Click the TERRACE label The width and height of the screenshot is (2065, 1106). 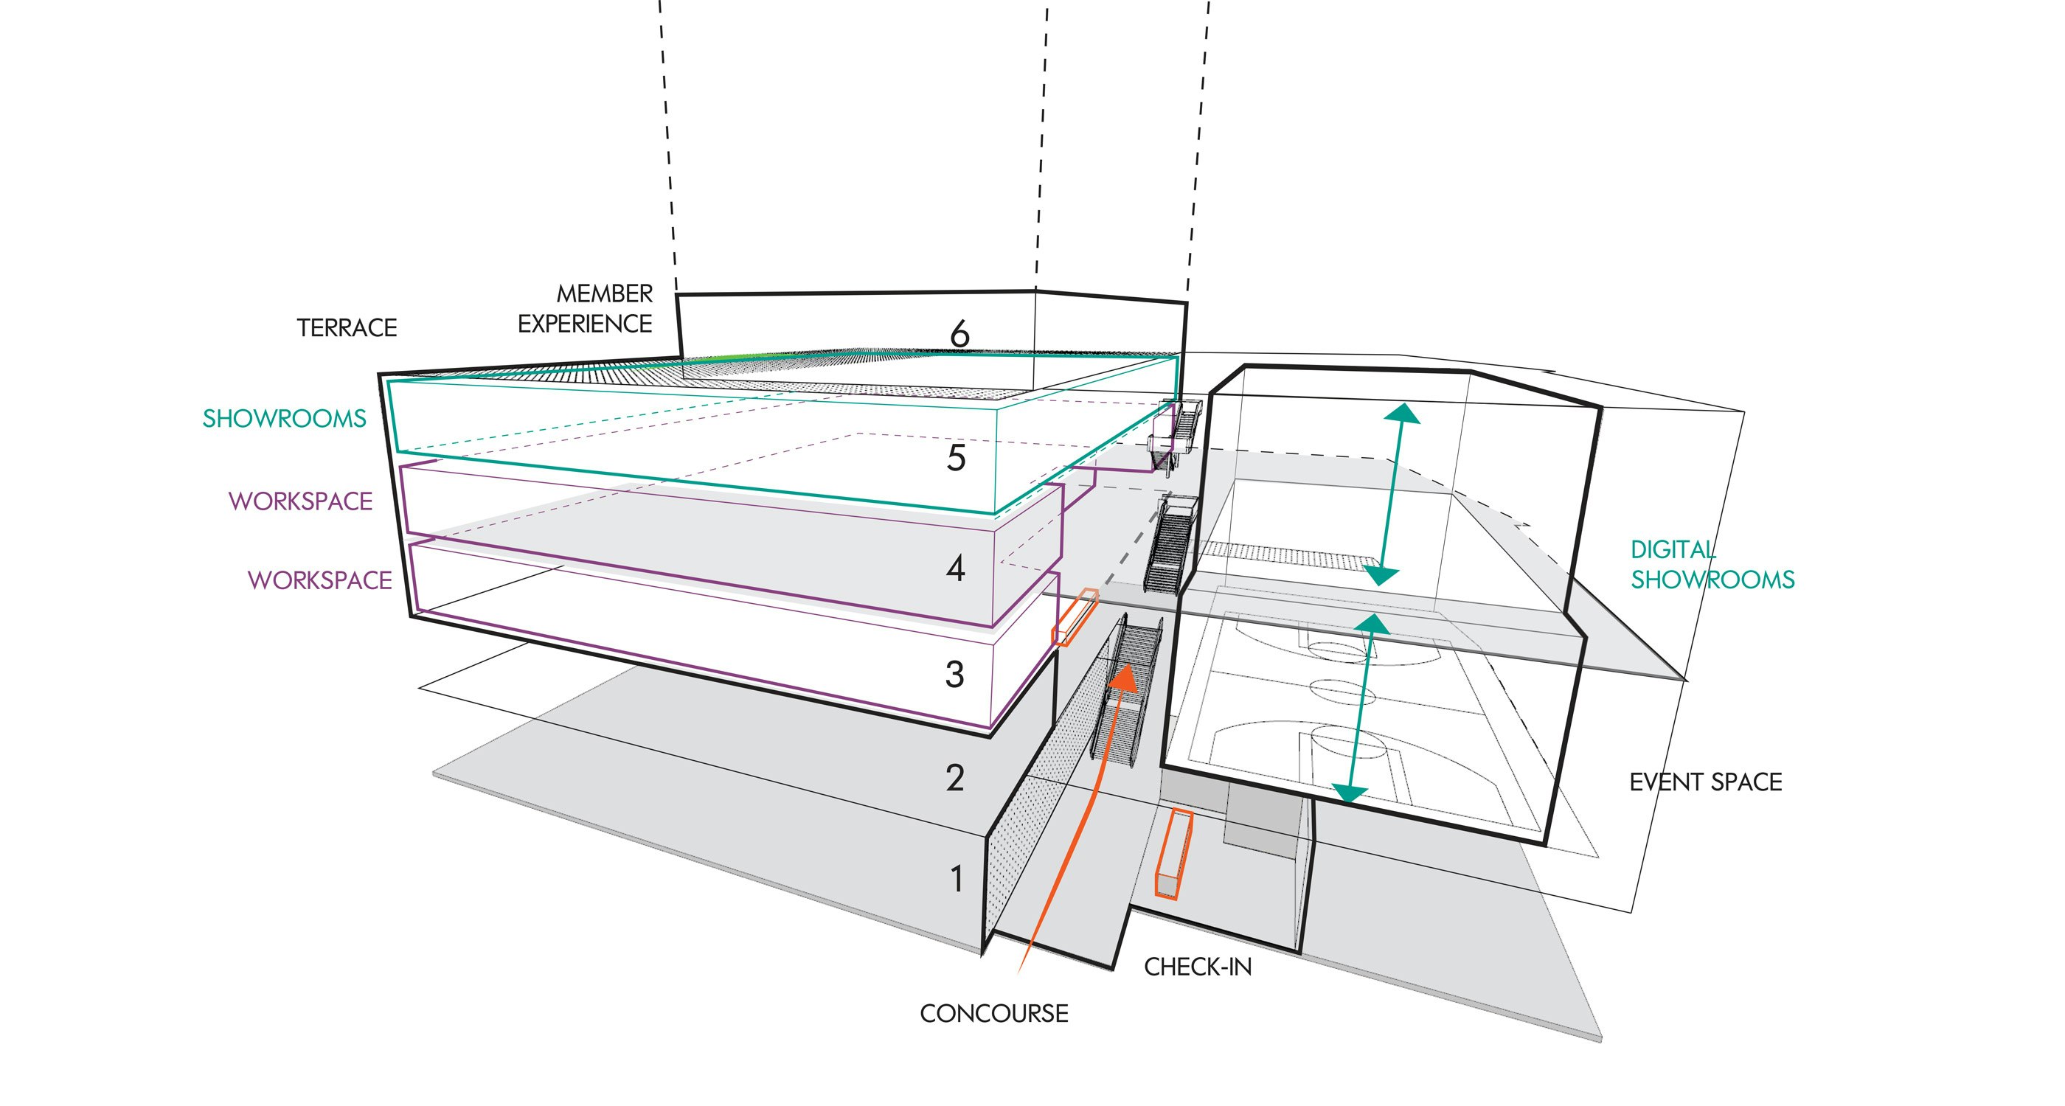[x=347, y=328]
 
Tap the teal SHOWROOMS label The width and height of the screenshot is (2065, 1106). [x=284, y=418]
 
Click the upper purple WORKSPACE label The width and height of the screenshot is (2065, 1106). [x=301, y=501]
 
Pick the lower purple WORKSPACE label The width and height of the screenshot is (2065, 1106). [x=320, y=580]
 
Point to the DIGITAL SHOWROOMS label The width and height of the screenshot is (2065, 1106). [x=1712, y=565]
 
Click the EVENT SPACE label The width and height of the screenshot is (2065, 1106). [x=1705, y=782]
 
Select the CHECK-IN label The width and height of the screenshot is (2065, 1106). [x=1198, y=967]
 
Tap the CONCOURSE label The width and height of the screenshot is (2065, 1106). [x=994, y=1014]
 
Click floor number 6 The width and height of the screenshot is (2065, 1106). [x=959, y=334]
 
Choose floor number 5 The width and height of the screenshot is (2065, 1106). [x=956, y=459]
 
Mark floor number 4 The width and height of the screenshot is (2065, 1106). [x=955, y=569]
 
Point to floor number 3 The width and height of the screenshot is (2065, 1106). [x=954, y=675]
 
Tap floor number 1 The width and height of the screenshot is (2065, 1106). [x=957, y=879]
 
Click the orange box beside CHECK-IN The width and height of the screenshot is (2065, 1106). [x=1174, y=855]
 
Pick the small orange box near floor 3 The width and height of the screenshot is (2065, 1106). [x=1075, y=616]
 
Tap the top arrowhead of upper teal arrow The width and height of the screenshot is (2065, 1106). [x=1401, y=414]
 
